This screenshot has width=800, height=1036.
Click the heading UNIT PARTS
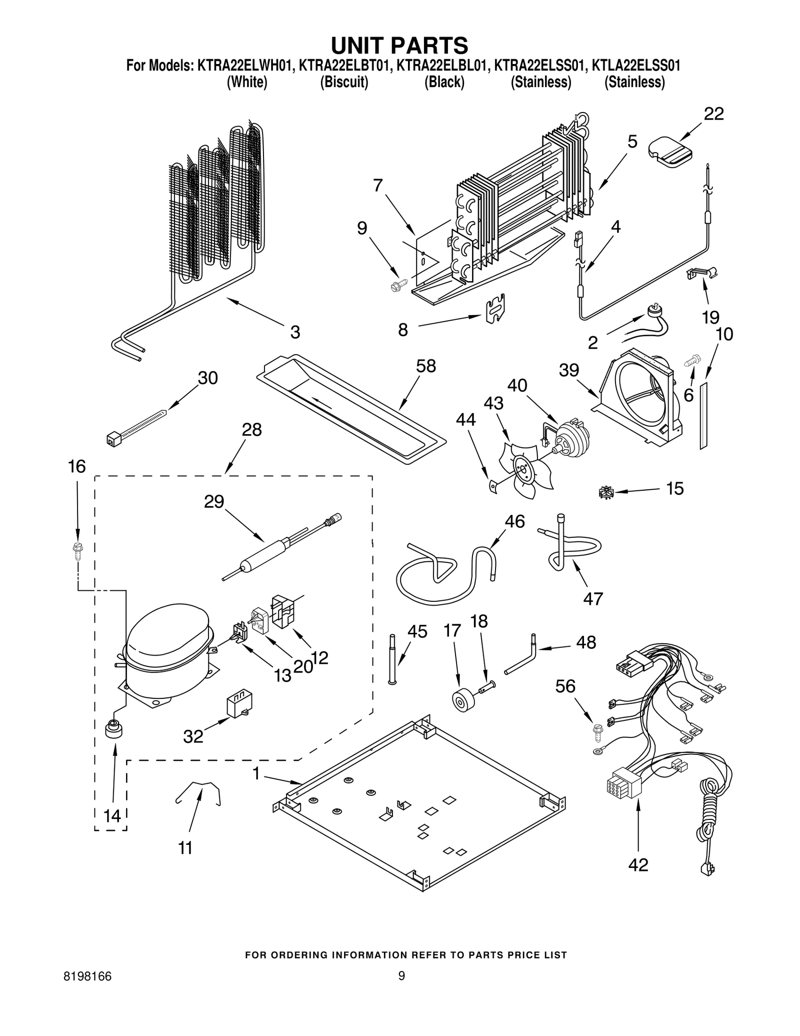(x=399, y=45)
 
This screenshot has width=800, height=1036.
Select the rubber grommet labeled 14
(x=113, y=729)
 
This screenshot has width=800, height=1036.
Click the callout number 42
(x=638, y=864)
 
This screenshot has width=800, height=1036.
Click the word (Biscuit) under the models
(x=344, y=82)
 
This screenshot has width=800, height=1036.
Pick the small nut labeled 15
(x=605, y=493)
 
